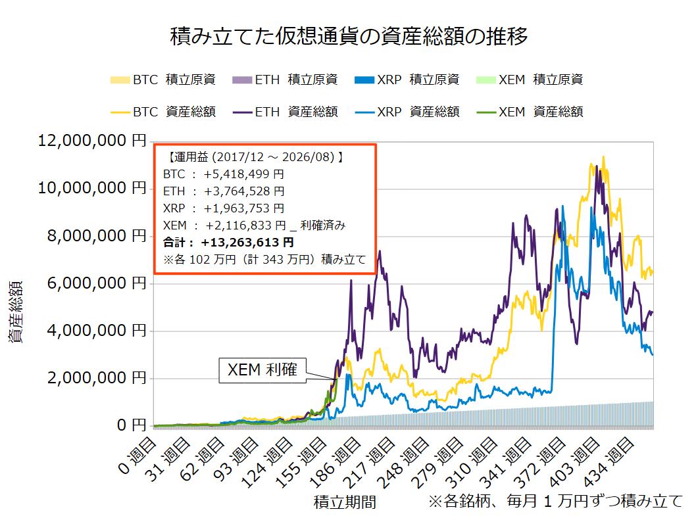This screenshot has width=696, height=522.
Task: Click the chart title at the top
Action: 349,36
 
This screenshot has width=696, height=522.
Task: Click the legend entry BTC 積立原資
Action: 163,80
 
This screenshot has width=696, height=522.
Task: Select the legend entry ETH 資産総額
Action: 285,112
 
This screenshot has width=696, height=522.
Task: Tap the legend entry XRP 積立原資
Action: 407,80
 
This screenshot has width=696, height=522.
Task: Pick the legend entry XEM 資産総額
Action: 530,112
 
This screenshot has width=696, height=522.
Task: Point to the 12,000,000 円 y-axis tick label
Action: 92,141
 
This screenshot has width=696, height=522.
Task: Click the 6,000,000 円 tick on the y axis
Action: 97,283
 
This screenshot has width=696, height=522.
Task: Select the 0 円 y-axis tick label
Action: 132,425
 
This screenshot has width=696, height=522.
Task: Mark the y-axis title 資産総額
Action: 16,312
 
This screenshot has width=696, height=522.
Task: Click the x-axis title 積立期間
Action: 345,502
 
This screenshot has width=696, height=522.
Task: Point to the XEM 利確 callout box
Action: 262,370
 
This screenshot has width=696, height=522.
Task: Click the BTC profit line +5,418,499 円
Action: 223,174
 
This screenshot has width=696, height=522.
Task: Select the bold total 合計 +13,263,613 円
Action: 228,243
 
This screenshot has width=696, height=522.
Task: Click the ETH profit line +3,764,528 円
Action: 224,191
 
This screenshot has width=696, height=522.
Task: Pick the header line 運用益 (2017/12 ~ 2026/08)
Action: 256,157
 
